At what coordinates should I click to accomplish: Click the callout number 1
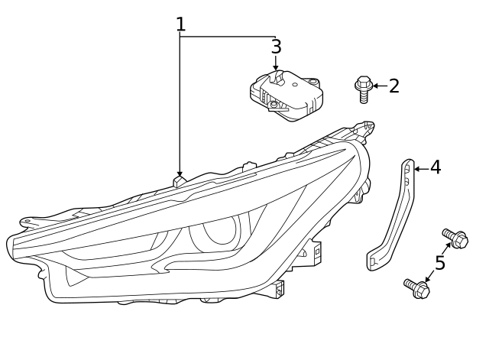pyautogui.click(x=180, y=24)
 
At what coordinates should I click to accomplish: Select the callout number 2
pyautogui.click(x=393, y=86)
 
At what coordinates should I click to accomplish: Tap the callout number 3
pyautogui.click(x=276, y=47)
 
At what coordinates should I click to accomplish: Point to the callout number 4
pyautogui.click(x=435, y=167)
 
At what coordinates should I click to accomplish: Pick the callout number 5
pyautogui.click(x=439, y=264)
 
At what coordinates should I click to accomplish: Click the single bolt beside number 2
pyautogui.click(x=363, y=89)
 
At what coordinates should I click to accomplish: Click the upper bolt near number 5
pyautogui.click(x=455, y=239)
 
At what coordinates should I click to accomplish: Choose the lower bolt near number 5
pyautogui.click(x=416, y=289)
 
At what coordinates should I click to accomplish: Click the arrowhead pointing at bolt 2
pyautogui.click(x=375, y=86)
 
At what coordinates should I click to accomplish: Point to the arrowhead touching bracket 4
pyautogui.click(x=417, y=168)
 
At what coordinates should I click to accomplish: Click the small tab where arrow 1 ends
pyautogui.click(x=180, y=182)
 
